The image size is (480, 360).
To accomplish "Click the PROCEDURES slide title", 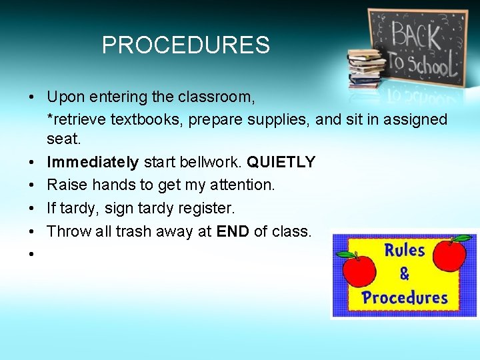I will pos(185,45).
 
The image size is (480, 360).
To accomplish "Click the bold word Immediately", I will pos(93,162).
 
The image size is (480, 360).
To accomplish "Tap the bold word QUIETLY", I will pos(281,162).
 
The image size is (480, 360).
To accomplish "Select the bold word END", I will pos(233,231).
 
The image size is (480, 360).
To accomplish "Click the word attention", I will pos(241,185).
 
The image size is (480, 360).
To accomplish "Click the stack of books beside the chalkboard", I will pos(366,67).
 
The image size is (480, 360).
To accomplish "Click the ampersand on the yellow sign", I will pos(404,274).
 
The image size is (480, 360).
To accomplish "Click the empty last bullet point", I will pos(31,254).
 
